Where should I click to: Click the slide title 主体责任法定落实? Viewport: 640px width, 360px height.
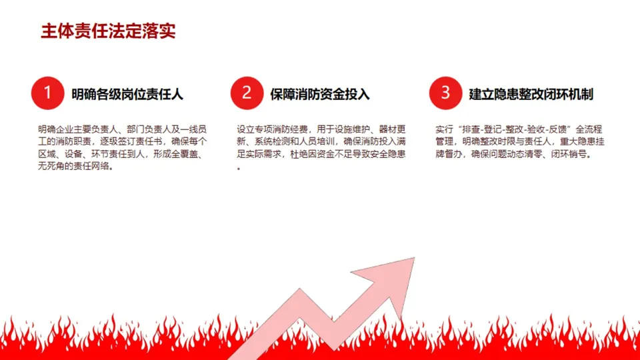click(x=108, y=31)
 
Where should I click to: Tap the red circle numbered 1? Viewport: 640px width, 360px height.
click(x=47, y=93)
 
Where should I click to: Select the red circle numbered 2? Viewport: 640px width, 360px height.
click(x=246, y=93)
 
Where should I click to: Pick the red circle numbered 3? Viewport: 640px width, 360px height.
click(x=445, y=93)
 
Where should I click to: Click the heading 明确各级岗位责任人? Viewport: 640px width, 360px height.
click(x=127, y=94)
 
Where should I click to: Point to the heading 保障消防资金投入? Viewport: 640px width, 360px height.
click(x=320, y=94)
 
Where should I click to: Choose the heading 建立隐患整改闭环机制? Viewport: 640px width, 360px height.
click(x=531, y=94)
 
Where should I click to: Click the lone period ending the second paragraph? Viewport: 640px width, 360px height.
click(x=239, y=168)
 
